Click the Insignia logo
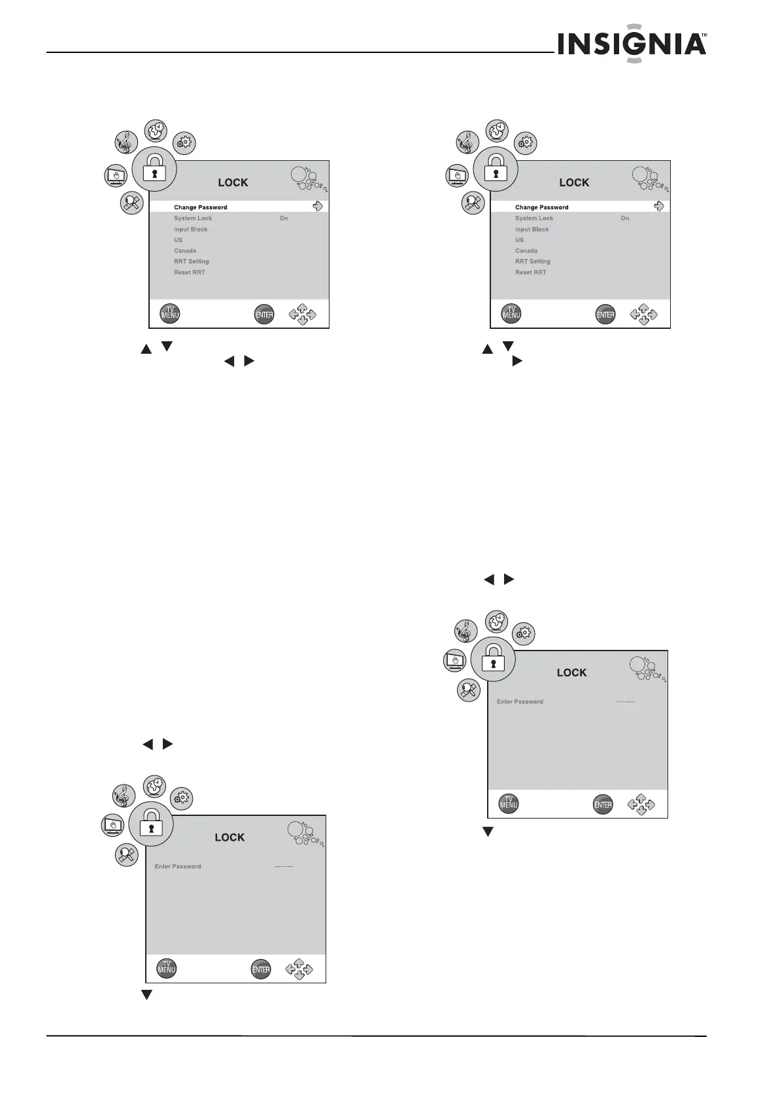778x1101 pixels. coord(632,45)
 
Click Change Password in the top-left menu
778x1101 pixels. coord(200,207)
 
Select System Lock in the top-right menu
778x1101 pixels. coord(533,218)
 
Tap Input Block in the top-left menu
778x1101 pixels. coord(190,229)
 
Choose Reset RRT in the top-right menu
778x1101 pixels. coord(530,272)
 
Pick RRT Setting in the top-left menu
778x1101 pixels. coord(191,262)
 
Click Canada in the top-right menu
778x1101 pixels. coord(526,250)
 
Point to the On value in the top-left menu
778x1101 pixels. coord(284,218)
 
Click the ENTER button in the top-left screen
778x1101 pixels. coord(263,314)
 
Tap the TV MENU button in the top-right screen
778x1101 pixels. coord(511,314)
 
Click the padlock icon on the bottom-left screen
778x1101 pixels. coord(151,823)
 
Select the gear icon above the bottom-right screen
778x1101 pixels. coord(524,633)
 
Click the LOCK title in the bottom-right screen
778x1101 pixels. coord(571,673)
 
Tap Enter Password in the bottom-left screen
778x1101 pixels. coord(178,866)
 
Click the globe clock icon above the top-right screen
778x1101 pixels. coord(497,129)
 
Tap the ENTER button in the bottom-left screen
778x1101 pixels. coord(261,970)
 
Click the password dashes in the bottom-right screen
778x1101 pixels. coord(626,702)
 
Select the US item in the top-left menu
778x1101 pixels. coord(178,240)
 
